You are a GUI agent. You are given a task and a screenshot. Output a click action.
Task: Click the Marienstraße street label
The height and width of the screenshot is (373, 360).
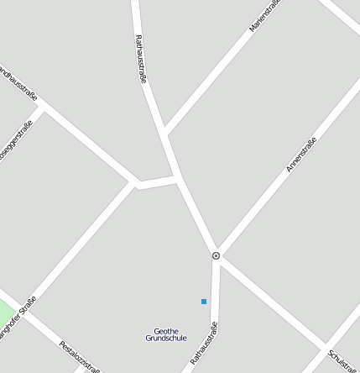[x=264, y=17]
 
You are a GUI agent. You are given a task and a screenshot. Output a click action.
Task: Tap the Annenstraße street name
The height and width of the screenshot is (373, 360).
[x=301, y=155]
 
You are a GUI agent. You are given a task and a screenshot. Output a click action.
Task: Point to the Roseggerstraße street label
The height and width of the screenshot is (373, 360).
[x=14, y=141]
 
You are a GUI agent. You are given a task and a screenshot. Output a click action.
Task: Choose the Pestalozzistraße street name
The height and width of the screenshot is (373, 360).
[x=81, y=356]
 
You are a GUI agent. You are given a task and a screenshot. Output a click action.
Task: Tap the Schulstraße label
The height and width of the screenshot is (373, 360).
[x=342, y=361]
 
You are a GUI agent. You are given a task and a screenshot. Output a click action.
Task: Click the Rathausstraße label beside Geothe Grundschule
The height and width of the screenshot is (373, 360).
[x=205, y=343]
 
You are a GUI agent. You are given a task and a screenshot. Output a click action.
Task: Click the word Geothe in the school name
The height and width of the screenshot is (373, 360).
[x=167, y=330]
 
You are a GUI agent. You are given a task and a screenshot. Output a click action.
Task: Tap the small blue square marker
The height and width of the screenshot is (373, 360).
[x=204, y=301]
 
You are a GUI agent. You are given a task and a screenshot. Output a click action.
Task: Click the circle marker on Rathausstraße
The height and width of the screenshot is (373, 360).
[x=217, y=255]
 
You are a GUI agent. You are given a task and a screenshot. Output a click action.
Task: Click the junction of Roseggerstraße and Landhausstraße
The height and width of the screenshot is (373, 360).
[x=42, y=109]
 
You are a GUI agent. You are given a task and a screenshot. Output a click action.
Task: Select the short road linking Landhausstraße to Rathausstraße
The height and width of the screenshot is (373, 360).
[x=157, y=181]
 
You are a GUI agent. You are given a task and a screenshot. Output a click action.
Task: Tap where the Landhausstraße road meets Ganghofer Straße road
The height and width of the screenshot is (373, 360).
[x=136, y=183]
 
